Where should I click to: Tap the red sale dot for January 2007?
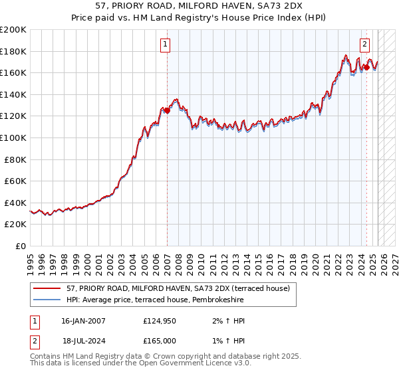coord(167,111)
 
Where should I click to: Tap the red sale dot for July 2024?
coord(366,67)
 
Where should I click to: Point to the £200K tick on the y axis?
coord(14,30)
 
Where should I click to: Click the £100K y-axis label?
coord(14,138)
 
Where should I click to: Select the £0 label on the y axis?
coord(21,246)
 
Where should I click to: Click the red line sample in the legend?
coord(47,289)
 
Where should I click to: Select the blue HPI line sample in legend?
coord(47,300)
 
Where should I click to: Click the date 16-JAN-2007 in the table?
coord(83,322)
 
